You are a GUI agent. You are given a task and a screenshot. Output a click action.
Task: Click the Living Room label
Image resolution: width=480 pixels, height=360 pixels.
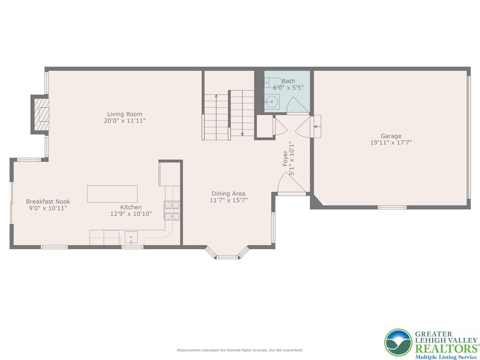pos(124,114)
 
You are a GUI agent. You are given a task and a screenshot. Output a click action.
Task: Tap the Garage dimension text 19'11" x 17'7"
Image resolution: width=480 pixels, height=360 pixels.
pos(390,142)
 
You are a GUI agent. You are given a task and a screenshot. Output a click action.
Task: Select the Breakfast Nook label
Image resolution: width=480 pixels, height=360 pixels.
pos(48,202)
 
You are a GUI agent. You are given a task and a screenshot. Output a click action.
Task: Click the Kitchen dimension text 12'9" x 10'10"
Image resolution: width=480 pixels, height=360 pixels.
pos(131,214)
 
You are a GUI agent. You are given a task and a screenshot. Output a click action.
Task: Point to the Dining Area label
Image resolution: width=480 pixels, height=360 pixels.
pos(228,194)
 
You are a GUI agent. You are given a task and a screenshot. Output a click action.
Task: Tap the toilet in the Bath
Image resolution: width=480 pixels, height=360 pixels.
pos(271,82)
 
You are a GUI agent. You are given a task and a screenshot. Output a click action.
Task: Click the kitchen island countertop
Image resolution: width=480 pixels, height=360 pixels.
pos(112,194)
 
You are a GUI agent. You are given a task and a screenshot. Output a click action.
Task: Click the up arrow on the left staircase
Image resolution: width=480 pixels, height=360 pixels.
pos(216,97)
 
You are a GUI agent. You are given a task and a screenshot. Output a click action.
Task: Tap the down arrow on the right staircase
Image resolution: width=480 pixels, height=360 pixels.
pos(242,133)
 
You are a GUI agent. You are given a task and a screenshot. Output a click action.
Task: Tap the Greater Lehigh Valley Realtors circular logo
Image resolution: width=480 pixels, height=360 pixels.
pos(398,342)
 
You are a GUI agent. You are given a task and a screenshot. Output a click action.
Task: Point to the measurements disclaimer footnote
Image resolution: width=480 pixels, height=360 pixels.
pos(240,350)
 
